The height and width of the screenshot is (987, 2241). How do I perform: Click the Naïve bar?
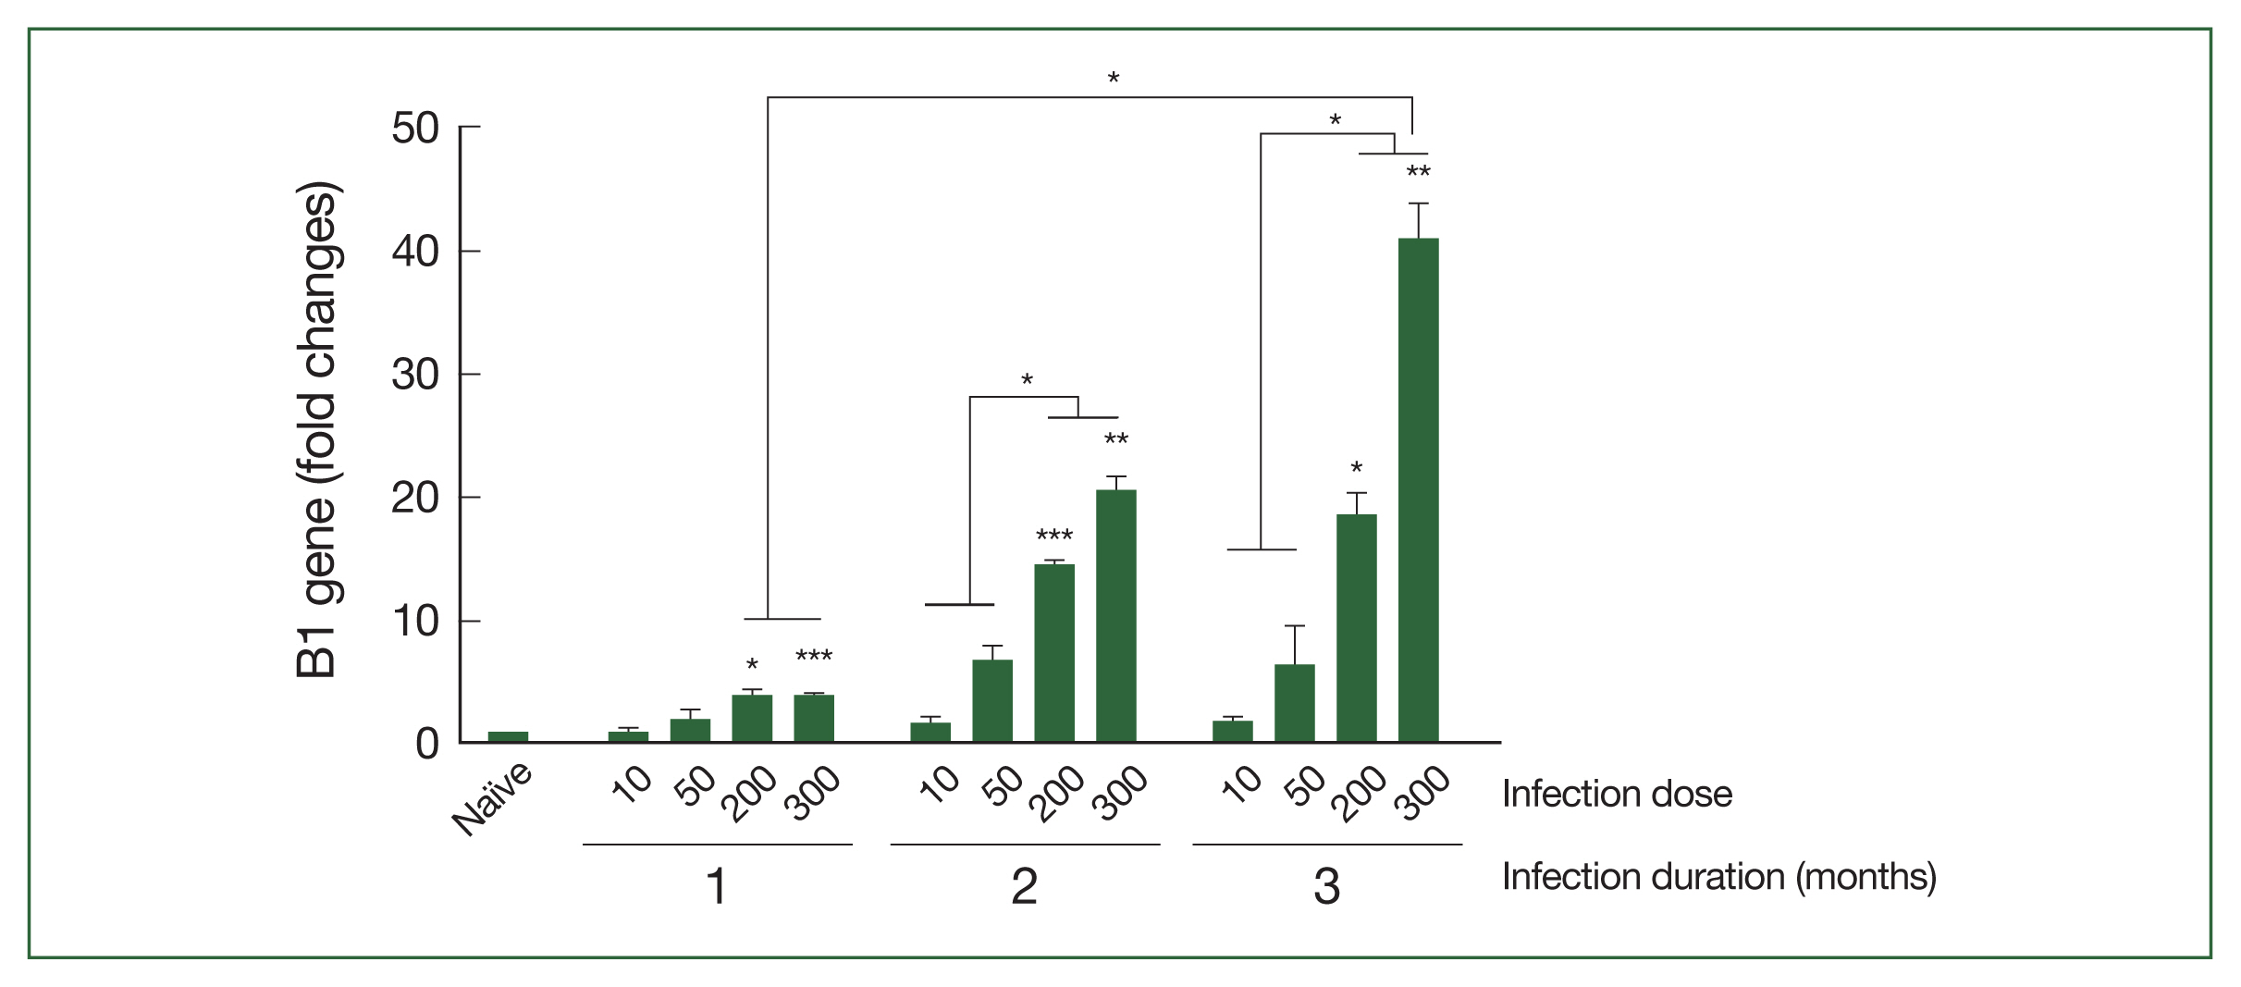pyautogui.click(x=508, y=736)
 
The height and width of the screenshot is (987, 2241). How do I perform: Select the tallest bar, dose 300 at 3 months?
pyautogui.click(x=1418, y=490)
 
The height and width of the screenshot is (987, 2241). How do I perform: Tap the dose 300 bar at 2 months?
pyautogui.click(x=1115, y=616)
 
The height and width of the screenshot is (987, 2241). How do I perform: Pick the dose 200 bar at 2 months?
pyautogui.click(x=1053, y=653)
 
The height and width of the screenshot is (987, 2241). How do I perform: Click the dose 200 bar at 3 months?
pyautogui.click(x=1356, y=628)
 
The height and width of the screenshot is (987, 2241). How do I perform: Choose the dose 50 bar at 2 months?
pyautogui.click(x=992, y=700)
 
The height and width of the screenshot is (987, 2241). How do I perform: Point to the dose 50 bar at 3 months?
pyautogui.click(x=1294, y=703)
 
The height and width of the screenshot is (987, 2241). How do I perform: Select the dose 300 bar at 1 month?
pyautogui.click(x=814, y=718)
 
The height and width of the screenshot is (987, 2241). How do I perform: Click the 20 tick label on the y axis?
pyautogui.click(x=414, y=499)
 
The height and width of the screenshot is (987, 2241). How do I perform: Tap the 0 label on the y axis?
pyautogui.click(x=426, y=744)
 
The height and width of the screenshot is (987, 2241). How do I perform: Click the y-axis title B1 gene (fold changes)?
pyautogui.click(x=317, y=430)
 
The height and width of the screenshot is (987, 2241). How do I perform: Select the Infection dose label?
pyautogui.click(x=1616, y=794)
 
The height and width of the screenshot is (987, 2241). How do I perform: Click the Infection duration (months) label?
pyautogui.click(x=1718, y=877)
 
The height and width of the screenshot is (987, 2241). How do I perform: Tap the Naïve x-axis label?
pyautogui.click(x=493, y=799)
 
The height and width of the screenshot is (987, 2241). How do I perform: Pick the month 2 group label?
pyautogui.click(x=1024, y=886)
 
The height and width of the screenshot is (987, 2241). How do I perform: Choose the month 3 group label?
pyautogui.click(x=1326, y=886)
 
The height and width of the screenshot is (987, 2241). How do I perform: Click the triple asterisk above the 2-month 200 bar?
pyautogui.click(x=1053, y=537)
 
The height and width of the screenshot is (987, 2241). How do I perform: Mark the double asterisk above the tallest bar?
pyautogui.click(x=1418, y=173)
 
